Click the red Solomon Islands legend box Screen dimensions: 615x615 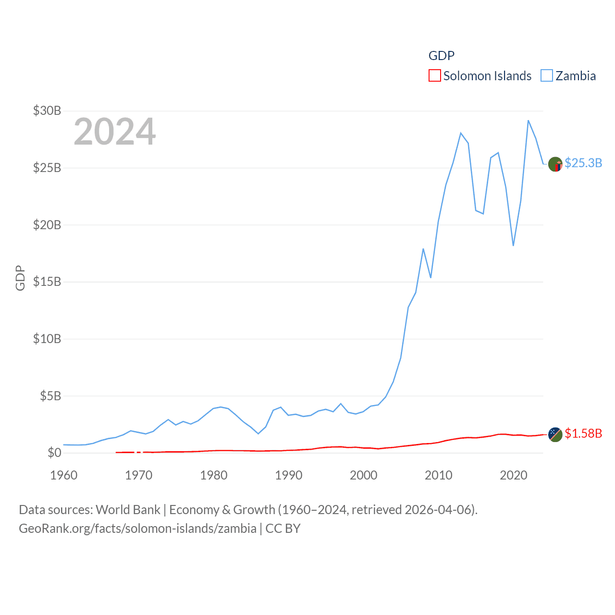tap(434, 76)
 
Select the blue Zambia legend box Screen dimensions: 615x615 tap(547, 76)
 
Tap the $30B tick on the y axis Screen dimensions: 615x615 tap(47, 111)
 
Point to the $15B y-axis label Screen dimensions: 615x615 tap(47, 282)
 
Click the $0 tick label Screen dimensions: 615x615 tap(54, 453)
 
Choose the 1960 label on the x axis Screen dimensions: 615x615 tap(64, 475)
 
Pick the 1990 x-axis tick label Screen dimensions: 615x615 tap(289, 475)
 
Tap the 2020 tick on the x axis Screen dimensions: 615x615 tap(514, 475)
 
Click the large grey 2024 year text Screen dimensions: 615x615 tap(115, 132)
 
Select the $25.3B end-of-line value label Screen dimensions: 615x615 tap(583, 163)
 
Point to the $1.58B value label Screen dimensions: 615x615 tap(583, 433)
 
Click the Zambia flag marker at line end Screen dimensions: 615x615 tap(555, 164)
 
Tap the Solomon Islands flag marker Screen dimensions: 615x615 tap(555, 434)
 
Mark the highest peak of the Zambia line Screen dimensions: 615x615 tap(529, 121)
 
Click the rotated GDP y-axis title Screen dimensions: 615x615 tap(20, 278)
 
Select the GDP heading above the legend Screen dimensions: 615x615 tap(441, 56)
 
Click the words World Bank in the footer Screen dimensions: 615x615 tap(128, 510)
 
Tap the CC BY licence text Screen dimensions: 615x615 tap(283, 529)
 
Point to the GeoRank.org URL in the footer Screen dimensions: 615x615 tap(137, 529)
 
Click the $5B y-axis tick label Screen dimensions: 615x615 tap(50, 396)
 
